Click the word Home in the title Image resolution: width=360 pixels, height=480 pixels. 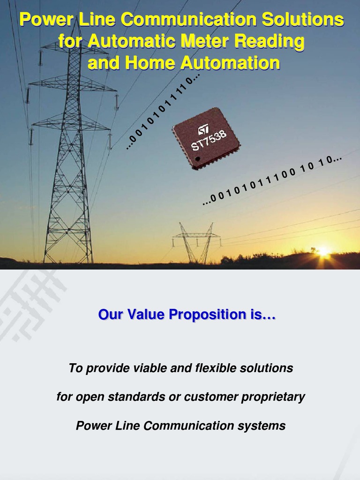150,63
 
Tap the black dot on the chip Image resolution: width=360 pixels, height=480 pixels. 198,160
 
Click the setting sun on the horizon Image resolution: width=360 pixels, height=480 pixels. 323,252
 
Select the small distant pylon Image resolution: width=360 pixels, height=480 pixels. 196,241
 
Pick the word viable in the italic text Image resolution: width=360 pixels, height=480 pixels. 150,368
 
